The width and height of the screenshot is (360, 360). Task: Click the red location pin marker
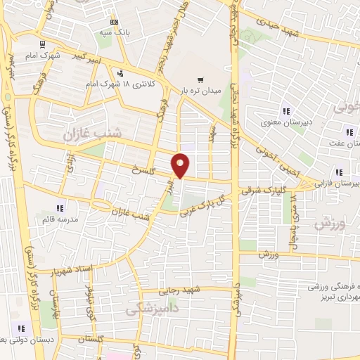[x=181, y=166]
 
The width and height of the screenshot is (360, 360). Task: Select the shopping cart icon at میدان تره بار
[x=201, y=79]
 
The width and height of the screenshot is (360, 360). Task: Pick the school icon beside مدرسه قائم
[x=60, y=208]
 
